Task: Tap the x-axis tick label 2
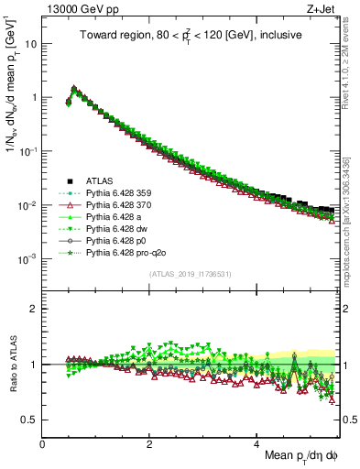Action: click(150, 443)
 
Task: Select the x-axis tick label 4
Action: click(257, 443)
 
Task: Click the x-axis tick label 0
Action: click(43, 443)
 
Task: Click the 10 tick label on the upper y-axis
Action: click(30, 44)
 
